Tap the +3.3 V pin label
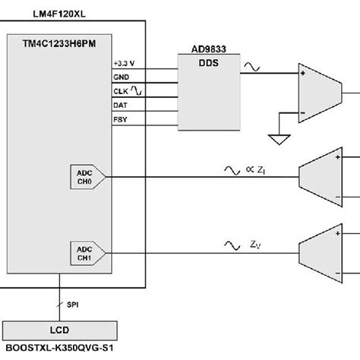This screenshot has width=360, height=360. pos(125,62)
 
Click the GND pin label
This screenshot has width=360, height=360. pos(122,77)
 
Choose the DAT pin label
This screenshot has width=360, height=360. pos(121,104)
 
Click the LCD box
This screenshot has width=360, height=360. pos(61,330)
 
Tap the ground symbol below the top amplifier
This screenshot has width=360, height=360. pos(278,138)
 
